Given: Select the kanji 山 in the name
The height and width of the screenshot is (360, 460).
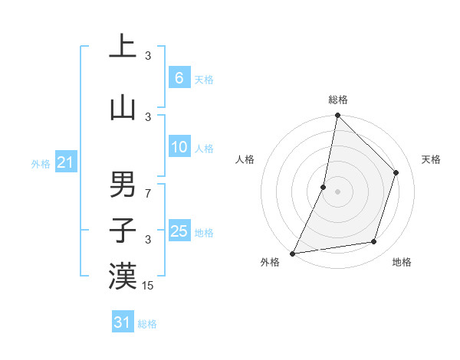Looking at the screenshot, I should click(123, 108).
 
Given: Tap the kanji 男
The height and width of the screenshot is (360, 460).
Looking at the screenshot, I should click(123, 185).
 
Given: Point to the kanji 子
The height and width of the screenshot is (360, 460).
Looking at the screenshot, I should click(123, 230).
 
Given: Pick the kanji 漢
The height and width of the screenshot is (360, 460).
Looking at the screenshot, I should click(123, 277).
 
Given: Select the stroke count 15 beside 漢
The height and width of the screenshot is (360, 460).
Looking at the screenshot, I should click(149, 286).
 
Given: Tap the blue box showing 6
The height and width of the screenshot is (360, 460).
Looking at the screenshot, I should click(179, 77).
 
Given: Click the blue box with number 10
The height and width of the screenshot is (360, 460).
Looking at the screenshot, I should click(179, 147).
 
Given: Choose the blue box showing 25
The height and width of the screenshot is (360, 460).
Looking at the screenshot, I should click(179, 231).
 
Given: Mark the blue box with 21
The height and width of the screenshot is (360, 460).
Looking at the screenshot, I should click(65, 162).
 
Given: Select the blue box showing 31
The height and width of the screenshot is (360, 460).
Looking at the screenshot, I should click(123, 322).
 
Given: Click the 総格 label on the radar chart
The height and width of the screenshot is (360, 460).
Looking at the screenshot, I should click(338, 100).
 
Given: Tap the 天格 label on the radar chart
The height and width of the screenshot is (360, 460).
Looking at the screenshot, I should click(431, 159).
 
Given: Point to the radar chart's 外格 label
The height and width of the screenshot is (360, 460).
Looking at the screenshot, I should click(270, 263).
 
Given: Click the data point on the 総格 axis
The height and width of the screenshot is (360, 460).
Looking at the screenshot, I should click(337, 115).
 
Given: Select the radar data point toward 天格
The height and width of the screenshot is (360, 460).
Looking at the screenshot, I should click(396, 172).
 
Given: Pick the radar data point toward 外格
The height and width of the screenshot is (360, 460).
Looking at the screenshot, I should click(292, 254).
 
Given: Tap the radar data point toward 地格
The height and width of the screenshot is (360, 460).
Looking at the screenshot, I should click(374, 242).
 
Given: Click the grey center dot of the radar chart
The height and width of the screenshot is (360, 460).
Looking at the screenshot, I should click(337, 191).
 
